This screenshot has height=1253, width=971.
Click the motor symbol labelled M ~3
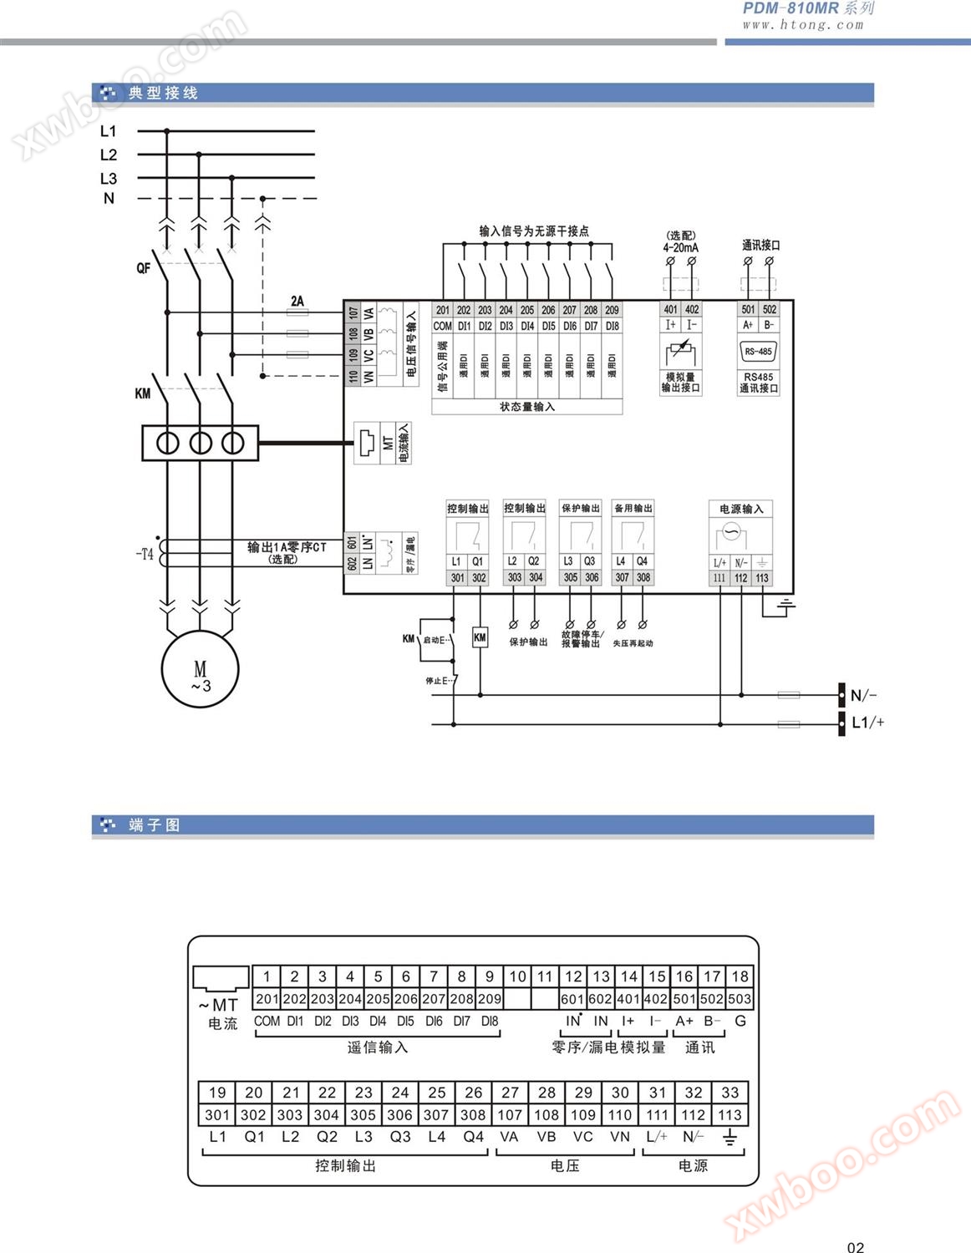click(200, 670)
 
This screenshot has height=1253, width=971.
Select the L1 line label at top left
click(109, 131)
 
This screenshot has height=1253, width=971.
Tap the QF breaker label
click(144, 268)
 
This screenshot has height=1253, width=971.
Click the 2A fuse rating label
click(297, 301)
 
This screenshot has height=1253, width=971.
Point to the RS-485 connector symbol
click(758, 352)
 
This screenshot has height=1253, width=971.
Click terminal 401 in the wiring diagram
click(670, 309)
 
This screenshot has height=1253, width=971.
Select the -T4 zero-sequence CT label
click(145, 554)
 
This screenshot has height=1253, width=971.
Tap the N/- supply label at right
click(863, 695)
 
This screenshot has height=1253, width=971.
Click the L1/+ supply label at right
click(867, 723)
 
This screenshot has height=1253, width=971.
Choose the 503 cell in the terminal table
click(740, 998)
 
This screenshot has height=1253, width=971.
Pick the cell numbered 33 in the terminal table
click(730, 1093)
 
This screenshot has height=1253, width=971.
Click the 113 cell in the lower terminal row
click(730, 1115)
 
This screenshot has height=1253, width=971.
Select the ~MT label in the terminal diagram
click(219, 1005)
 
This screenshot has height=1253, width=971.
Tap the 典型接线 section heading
click(163, 93)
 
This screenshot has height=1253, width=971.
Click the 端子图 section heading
click(155, 825)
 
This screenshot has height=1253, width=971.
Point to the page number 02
click(856, 1247)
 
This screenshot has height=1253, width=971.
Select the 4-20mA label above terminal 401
click(680, 247)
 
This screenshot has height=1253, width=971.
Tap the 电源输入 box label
click(741, 509)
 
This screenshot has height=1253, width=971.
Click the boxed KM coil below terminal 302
click(480, 637)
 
